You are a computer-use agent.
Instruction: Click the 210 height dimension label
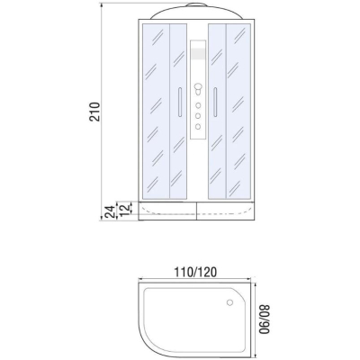(94, 112)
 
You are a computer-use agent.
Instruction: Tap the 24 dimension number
(110, 212)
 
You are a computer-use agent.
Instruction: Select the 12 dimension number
(126, 209)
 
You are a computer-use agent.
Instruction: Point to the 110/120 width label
(195, 272)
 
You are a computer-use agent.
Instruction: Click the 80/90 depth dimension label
(265, 319)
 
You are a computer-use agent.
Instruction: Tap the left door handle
(179, 102)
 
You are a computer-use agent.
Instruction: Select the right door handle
(215, 102)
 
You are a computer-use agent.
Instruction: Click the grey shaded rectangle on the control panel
(198, 54)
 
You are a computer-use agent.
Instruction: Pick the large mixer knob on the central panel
(198, 87)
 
